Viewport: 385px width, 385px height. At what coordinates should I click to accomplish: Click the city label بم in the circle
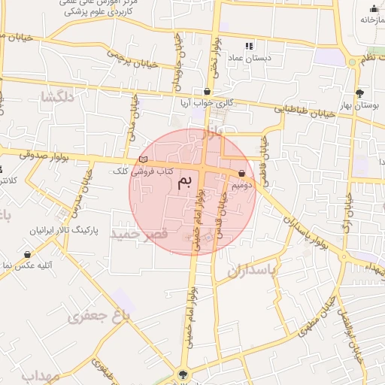pyautogui.click(x=185, y=182)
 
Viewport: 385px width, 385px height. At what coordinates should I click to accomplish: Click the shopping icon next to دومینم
pyautogui.click(x=241, y=174)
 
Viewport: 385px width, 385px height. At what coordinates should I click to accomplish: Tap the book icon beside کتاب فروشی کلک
pyautogui.click(x=144, y=159)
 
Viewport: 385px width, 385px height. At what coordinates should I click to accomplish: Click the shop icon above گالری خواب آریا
pyautogui.click(x=207, y=91)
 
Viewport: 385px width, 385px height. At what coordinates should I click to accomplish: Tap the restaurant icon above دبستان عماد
pyautogui.click(x=250, y=46)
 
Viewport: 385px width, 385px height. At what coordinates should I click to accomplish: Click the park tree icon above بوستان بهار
pyautogui.click(x=359, y=92)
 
